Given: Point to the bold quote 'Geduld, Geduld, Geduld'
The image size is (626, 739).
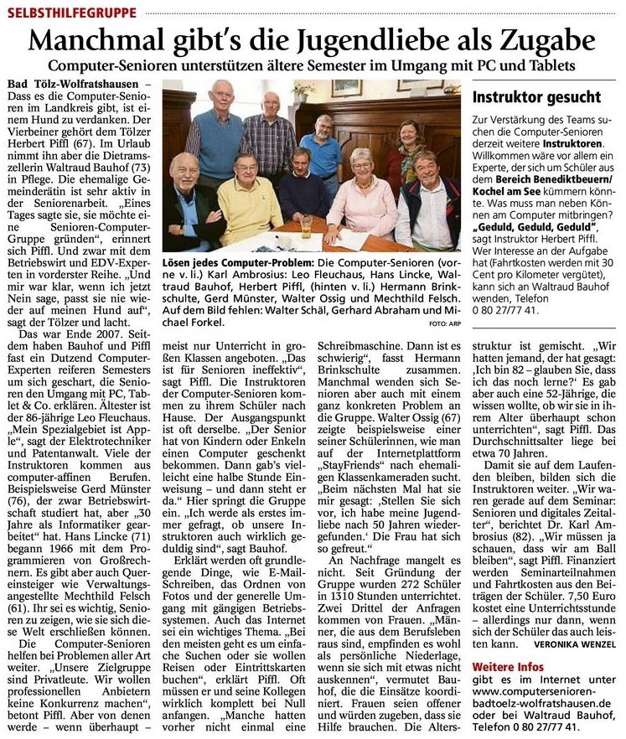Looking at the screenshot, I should tap(524, 226).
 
